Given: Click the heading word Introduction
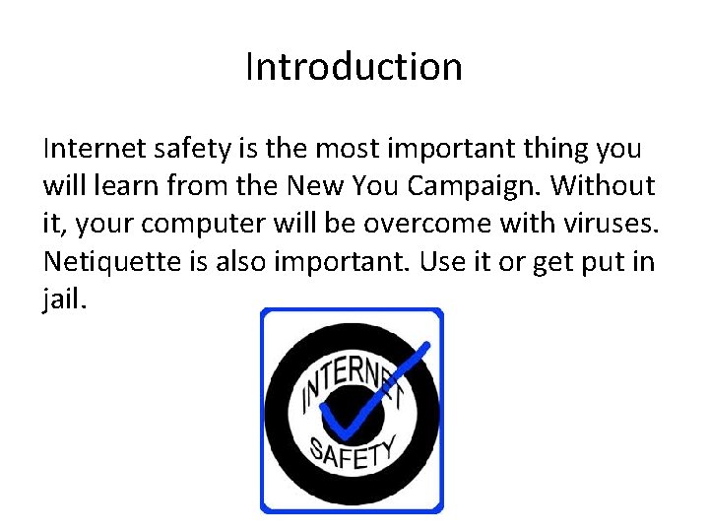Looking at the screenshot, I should (354, 67).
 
